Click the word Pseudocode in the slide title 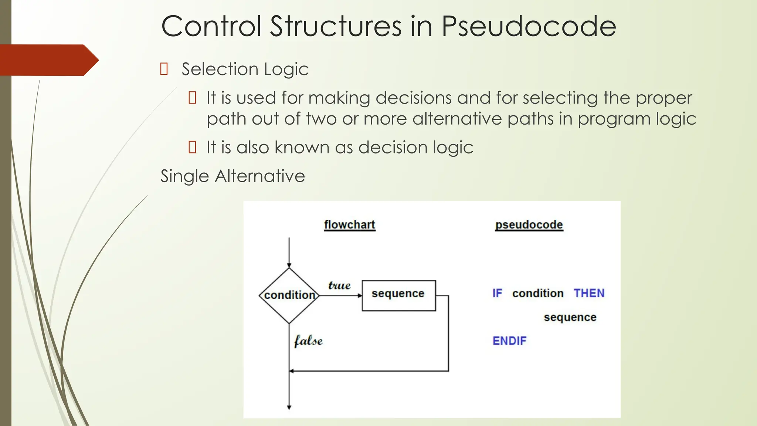(x=529, y=27)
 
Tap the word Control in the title (x=211, y=27)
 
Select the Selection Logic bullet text (x=245, y=69)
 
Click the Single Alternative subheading (x=232, y=176)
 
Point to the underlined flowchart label (x=349, y=224)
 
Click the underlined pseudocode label (x=529, y=224)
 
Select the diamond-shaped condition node (x=289, y=295)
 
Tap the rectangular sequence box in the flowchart (x=398, y=295)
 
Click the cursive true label (x=339, y=285)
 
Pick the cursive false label (x=308, y=341)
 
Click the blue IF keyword (x=497, y=293)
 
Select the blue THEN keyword (x=589, y=293)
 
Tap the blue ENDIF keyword (x=509, y=341)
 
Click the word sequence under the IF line (x=570, y=317)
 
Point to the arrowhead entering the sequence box (x=360, y=295)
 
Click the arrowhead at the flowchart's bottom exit (x=289, y=407)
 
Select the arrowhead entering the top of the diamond (x=289, y=266)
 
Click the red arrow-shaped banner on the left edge (x=48, y=60)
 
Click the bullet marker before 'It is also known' (x=192, y=147)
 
